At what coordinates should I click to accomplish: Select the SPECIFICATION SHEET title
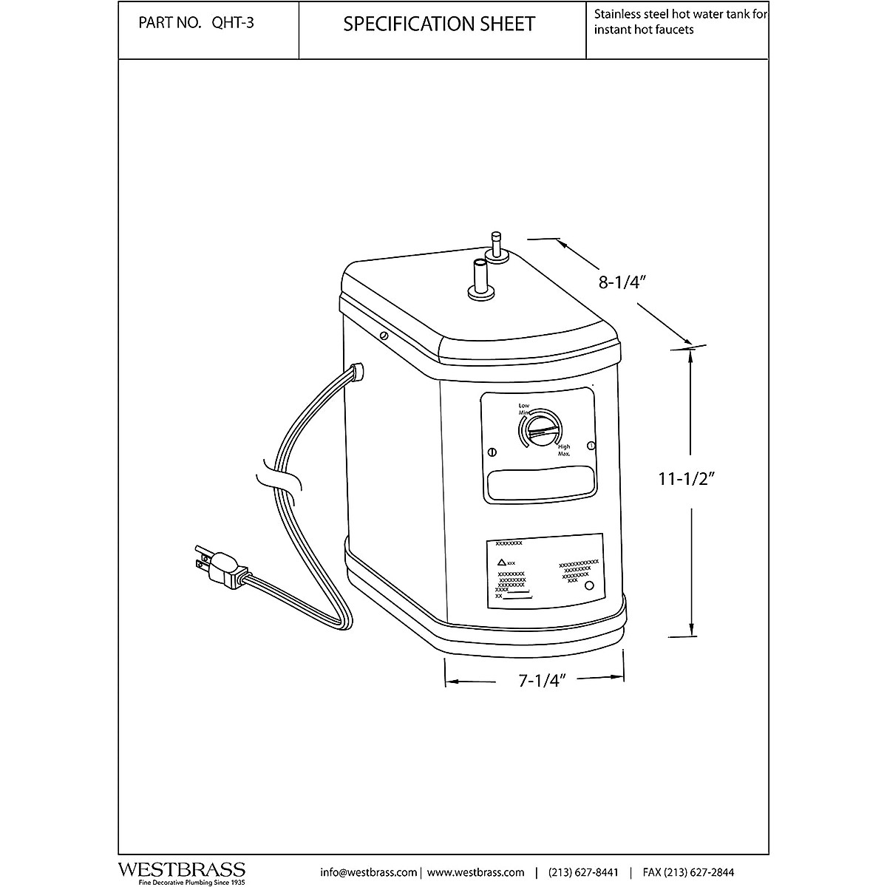pos(439,24)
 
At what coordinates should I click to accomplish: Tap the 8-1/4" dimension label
pos(622,282)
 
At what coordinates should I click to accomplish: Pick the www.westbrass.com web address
pos(476,871)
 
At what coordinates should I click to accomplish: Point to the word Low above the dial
pos(524,406)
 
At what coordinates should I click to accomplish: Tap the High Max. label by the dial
pos(564,449)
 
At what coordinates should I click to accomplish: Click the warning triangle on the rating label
pos(502,563)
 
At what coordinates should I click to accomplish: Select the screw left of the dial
pos(493,453)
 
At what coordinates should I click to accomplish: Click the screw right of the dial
pos(591,445)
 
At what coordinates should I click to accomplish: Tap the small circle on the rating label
pos(589,586)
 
